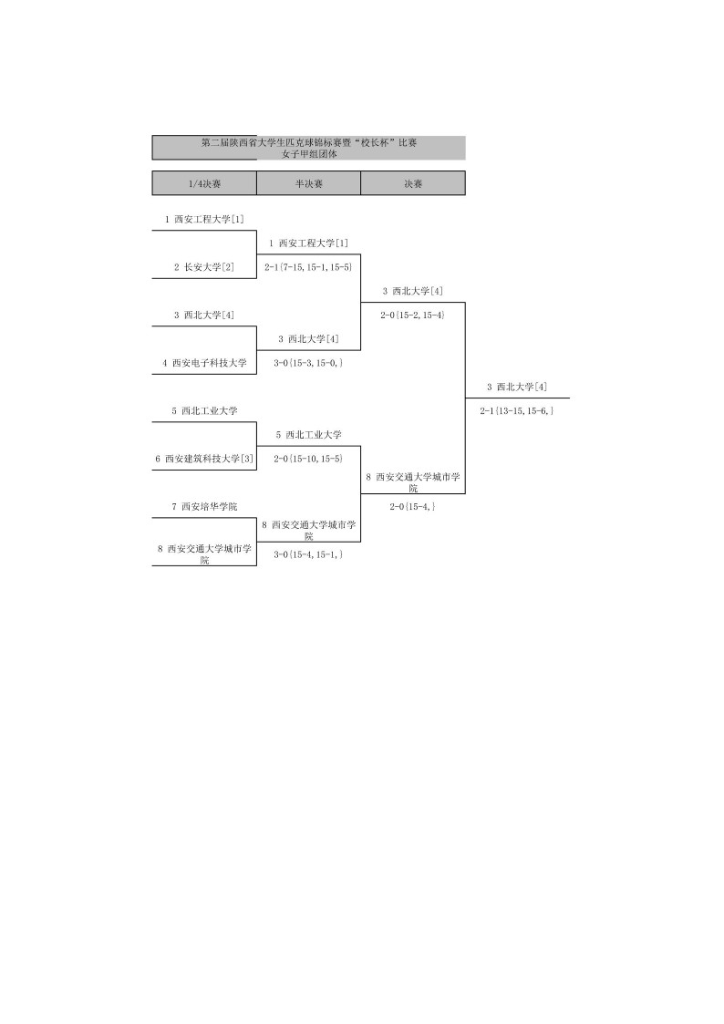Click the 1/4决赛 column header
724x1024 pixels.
pos(204,183)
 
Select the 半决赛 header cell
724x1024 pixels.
pos(308,183)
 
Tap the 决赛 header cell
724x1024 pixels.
pos(413,183)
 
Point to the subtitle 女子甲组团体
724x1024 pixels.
pos(309,153)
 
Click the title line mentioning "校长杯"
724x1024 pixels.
pos(309,142)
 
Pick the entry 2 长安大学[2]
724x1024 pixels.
pos(204,267)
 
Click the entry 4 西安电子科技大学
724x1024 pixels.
pos(204,362)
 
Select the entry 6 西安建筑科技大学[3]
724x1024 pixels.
pos(204,458)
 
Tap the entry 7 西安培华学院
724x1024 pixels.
pos(204,506)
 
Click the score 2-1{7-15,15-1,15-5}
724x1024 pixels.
pos(308,267)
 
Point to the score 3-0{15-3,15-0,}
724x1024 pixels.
pos(308,362)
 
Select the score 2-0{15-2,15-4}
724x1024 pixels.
pos(412,315)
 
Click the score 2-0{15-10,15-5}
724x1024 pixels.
pos(308,458)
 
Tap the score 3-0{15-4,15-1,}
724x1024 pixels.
pos(308,553)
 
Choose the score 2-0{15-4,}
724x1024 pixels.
pos(412,506)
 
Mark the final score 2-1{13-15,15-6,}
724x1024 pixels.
pos(517,410)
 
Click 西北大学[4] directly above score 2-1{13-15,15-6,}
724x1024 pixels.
pos(517,387)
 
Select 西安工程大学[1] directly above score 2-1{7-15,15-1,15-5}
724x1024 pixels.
pos(308,243)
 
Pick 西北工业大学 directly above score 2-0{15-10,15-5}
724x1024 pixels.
pos(308,434)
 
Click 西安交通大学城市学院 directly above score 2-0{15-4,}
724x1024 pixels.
pos(412,481)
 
